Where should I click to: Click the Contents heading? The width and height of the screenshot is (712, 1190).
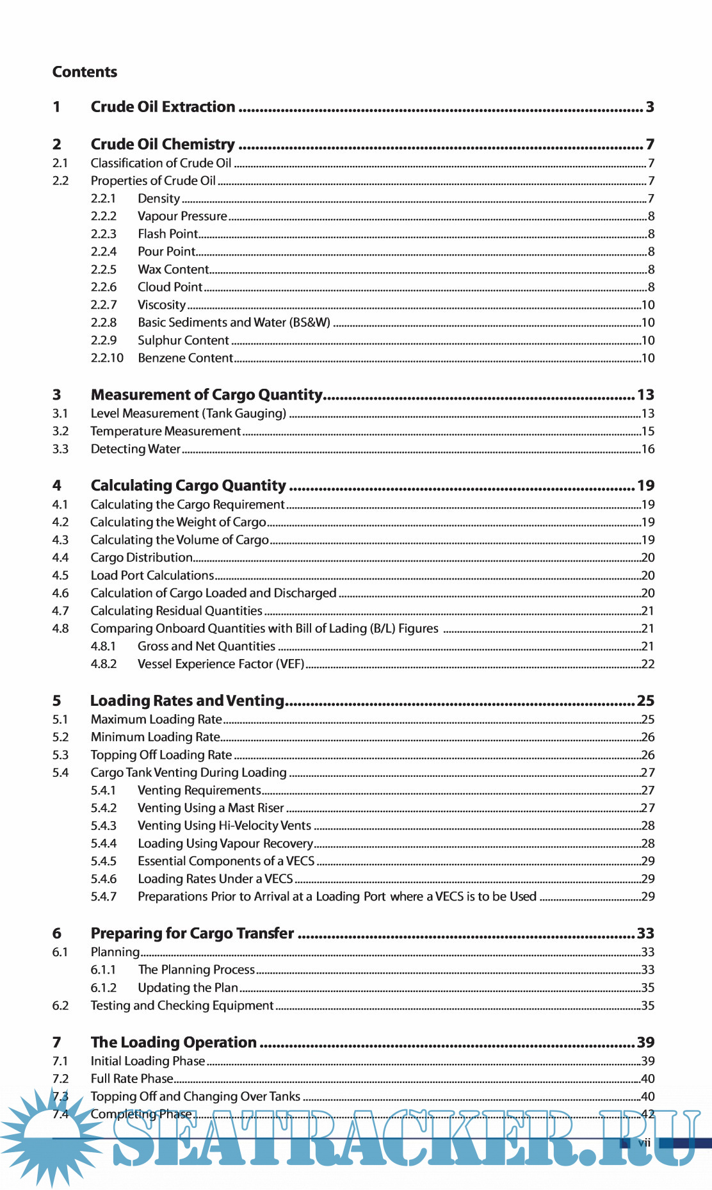coord(85,72)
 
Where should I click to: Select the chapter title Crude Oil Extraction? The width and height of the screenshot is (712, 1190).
coord(163,107)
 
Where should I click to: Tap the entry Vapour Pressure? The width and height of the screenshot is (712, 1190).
coord(182,216)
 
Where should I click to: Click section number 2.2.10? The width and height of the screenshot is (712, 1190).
coord(107,358)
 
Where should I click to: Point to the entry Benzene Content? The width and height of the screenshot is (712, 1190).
coord(185,358)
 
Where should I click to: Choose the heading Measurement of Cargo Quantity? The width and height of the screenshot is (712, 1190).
coord(206,395)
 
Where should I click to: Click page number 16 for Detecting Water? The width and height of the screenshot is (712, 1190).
coord(648,449)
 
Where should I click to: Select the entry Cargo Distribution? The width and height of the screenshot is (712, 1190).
coord(142,558)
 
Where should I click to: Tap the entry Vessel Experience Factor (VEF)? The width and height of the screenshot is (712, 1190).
coord(221,664)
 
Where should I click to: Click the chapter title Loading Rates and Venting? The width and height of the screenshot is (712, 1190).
coord(187,701)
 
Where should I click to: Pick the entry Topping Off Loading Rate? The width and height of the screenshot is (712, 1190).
coord(161,755)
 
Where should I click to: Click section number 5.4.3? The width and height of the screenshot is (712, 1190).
coord(104,826)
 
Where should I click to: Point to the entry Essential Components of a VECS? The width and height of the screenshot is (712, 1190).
coord(226,861)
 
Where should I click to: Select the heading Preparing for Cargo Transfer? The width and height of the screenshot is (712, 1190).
coord(192,933)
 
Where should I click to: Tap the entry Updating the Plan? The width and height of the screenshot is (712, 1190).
coord(188,988)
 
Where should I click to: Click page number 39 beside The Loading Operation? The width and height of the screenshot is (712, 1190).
coord(645,1042)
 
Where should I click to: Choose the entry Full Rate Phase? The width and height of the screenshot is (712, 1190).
coord(132,1079)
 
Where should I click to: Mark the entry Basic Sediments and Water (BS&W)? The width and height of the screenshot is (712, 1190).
coord(234,323)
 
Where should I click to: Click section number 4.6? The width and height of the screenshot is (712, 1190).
coord(60,593)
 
